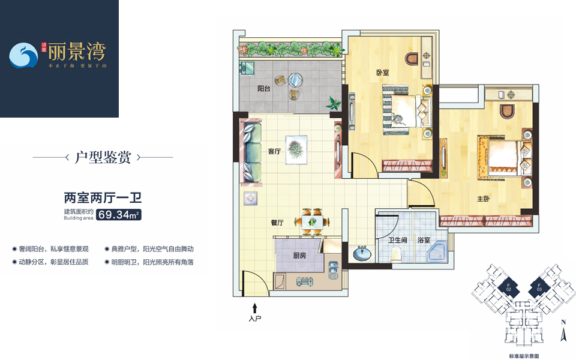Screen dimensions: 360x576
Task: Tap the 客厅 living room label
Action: [x=275, y=151]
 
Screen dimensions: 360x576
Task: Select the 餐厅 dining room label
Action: [x=277, y=222]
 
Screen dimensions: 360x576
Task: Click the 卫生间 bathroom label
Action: [x=397, y=240]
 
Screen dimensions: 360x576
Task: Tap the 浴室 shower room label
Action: [x=424, y=240]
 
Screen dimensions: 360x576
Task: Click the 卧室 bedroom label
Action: [x=383, y=72]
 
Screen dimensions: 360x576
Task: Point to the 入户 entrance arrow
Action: [x=255, y=308]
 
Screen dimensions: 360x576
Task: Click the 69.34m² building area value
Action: [x=119, y=215]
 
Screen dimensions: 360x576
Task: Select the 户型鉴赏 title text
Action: [x=102, y=158]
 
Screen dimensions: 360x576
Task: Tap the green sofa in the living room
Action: [x=250, y=151]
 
